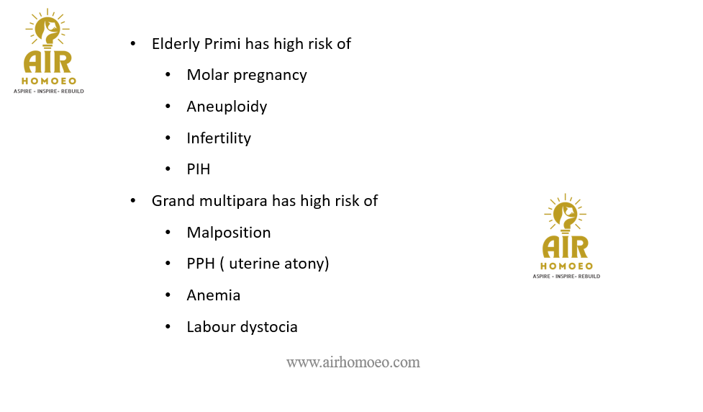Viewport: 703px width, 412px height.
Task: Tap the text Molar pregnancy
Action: tap(247, 76)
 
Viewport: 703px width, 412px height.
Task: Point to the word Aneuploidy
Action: tap(227, 107)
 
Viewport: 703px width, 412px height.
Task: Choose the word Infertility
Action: tap(219, 138)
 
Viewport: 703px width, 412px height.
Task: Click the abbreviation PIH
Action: tap(199, 169)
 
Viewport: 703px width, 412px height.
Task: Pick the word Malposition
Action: tap(229, 233)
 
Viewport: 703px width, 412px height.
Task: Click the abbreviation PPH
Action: tap(201, 264)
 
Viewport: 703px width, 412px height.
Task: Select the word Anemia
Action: tap(214, 295)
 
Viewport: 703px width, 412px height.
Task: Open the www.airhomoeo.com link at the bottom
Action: tap(353, 362)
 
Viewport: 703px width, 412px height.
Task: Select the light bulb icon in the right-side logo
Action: tap(565, 214)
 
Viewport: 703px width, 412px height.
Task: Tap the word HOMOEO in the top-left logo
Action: tap(49, 81)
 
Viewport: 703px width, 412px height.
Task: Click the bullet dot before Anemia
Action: tap(168, 295)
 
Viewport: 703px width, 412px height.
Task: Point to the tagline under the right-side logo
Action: tap(566, 277)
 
